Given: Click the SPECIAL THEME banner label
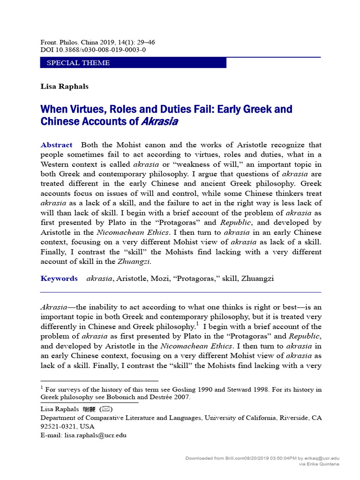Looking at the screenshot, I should click(78, 63).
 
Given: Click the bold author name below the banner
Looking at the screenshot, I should click(58, 86).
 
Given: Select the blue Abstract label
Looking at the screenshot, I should click(56, 145).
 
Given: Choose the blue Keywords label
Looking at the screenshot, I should click(59, 278).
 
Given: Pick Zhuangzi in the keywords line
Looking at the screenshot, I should click(257, 278).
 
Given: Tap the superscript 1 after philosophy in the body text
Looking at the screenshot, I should click(198, 324).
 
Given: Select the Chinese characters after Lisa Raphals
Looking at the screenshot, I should click(89, 409).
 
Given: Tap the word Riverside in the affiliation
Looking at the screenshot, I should click(290, 418).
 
